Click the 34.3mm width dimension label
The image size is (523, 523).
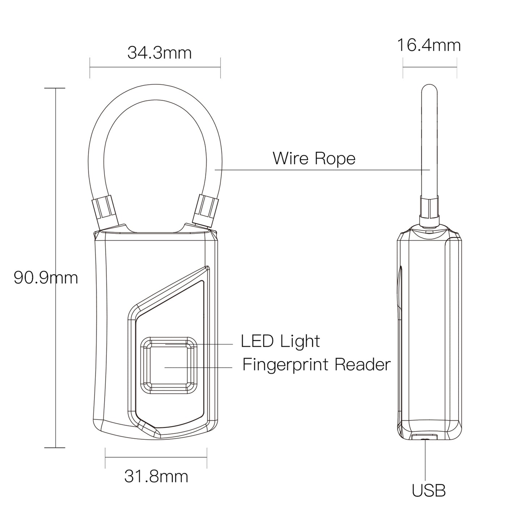tap(159, 53)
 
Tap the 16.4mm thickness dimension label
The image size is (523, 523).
tap(429, 46)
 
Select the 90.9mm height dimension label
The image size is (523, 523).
tap(46, 278)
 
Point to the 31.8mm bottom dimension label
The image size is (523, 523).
tap(156, 476)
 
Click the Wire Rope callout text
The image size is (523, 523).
tap(314, 159)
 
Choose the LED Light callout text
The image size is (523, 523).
tap(281, 341)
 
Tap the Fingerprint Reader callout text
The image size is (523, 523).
tap(316, 364)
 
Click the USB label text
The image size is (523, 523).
tap(429, 491)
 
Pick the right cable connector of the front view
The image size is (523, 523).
tap(206, 210)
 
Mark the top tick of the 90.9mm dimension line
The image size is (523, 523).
tap(55, 88)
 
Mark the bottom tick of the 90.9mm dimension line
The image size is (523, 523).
tap(55, 448)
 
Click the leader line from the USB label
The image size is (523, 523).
tap(425, 460)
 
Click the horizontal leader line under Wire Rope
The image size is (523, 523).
tap(322, 169)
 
